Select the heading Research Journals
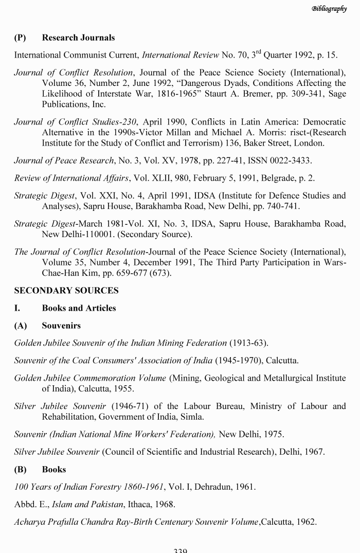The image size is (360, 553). [x=78, y=38]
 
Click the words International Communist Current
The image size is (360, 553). [x=76, y=55]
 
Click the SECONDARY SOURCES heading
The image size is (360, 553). [x=66, y=290]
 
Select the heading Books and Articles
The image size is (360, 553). [x=79, y=308]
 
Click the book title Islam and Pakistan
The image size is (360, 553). [x=77, y=504]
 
